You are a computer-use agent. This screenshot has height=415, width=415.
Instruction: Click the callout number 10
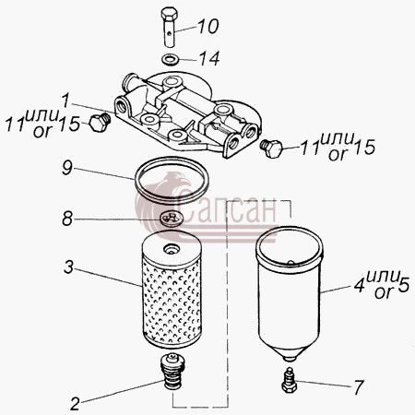(x=208, y=27)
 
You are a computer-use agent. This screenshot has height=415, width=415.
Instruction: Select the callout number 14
(x=209, y=58)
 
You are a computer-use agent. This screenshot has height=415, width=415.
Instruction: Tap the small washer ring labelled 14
(x=169, y=59)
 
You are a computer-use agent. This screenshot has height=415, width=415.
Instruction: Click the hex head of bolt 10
(x=169, y=14)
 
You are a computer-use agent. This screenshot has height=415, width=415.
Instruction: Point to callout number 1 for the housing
(x=65, y=101)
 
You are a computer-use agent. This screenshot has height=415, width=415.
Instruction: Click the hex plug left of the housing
(x=100, y=122)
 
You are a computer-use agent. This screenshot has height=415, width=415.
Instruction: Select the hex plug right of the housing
(x=271, y=148)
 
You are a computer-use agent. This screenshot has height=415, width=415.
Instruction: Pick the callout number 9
(x=67, y=168)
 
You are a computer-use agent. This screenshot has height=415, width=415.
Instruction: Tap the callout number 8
(x=67, y=219)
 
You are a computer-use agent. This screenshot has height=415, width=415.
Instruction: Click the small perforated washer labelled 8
(x=172, y=218)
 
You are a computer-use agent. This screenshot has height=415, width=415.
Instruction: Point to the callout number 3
(x=69, y=267)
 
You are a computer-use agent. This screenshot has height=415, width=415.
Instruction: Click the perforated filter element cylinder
(x=172, y=290)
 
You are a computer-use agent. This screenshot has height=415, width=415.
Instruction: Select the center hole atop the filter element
(x=171, y=248)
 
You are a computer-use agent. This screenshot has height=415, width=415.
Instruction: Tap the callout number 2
(x=75, y=404)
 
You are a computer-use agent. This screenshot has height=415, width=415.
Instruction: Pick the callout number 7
(x=359, y=387)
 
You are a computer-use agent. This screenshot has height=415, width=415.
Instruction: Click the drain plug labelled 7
(x=289, y=380)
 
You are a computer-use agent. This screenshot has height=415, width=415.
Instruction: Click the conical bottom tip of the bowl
(x=290, y=358)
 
